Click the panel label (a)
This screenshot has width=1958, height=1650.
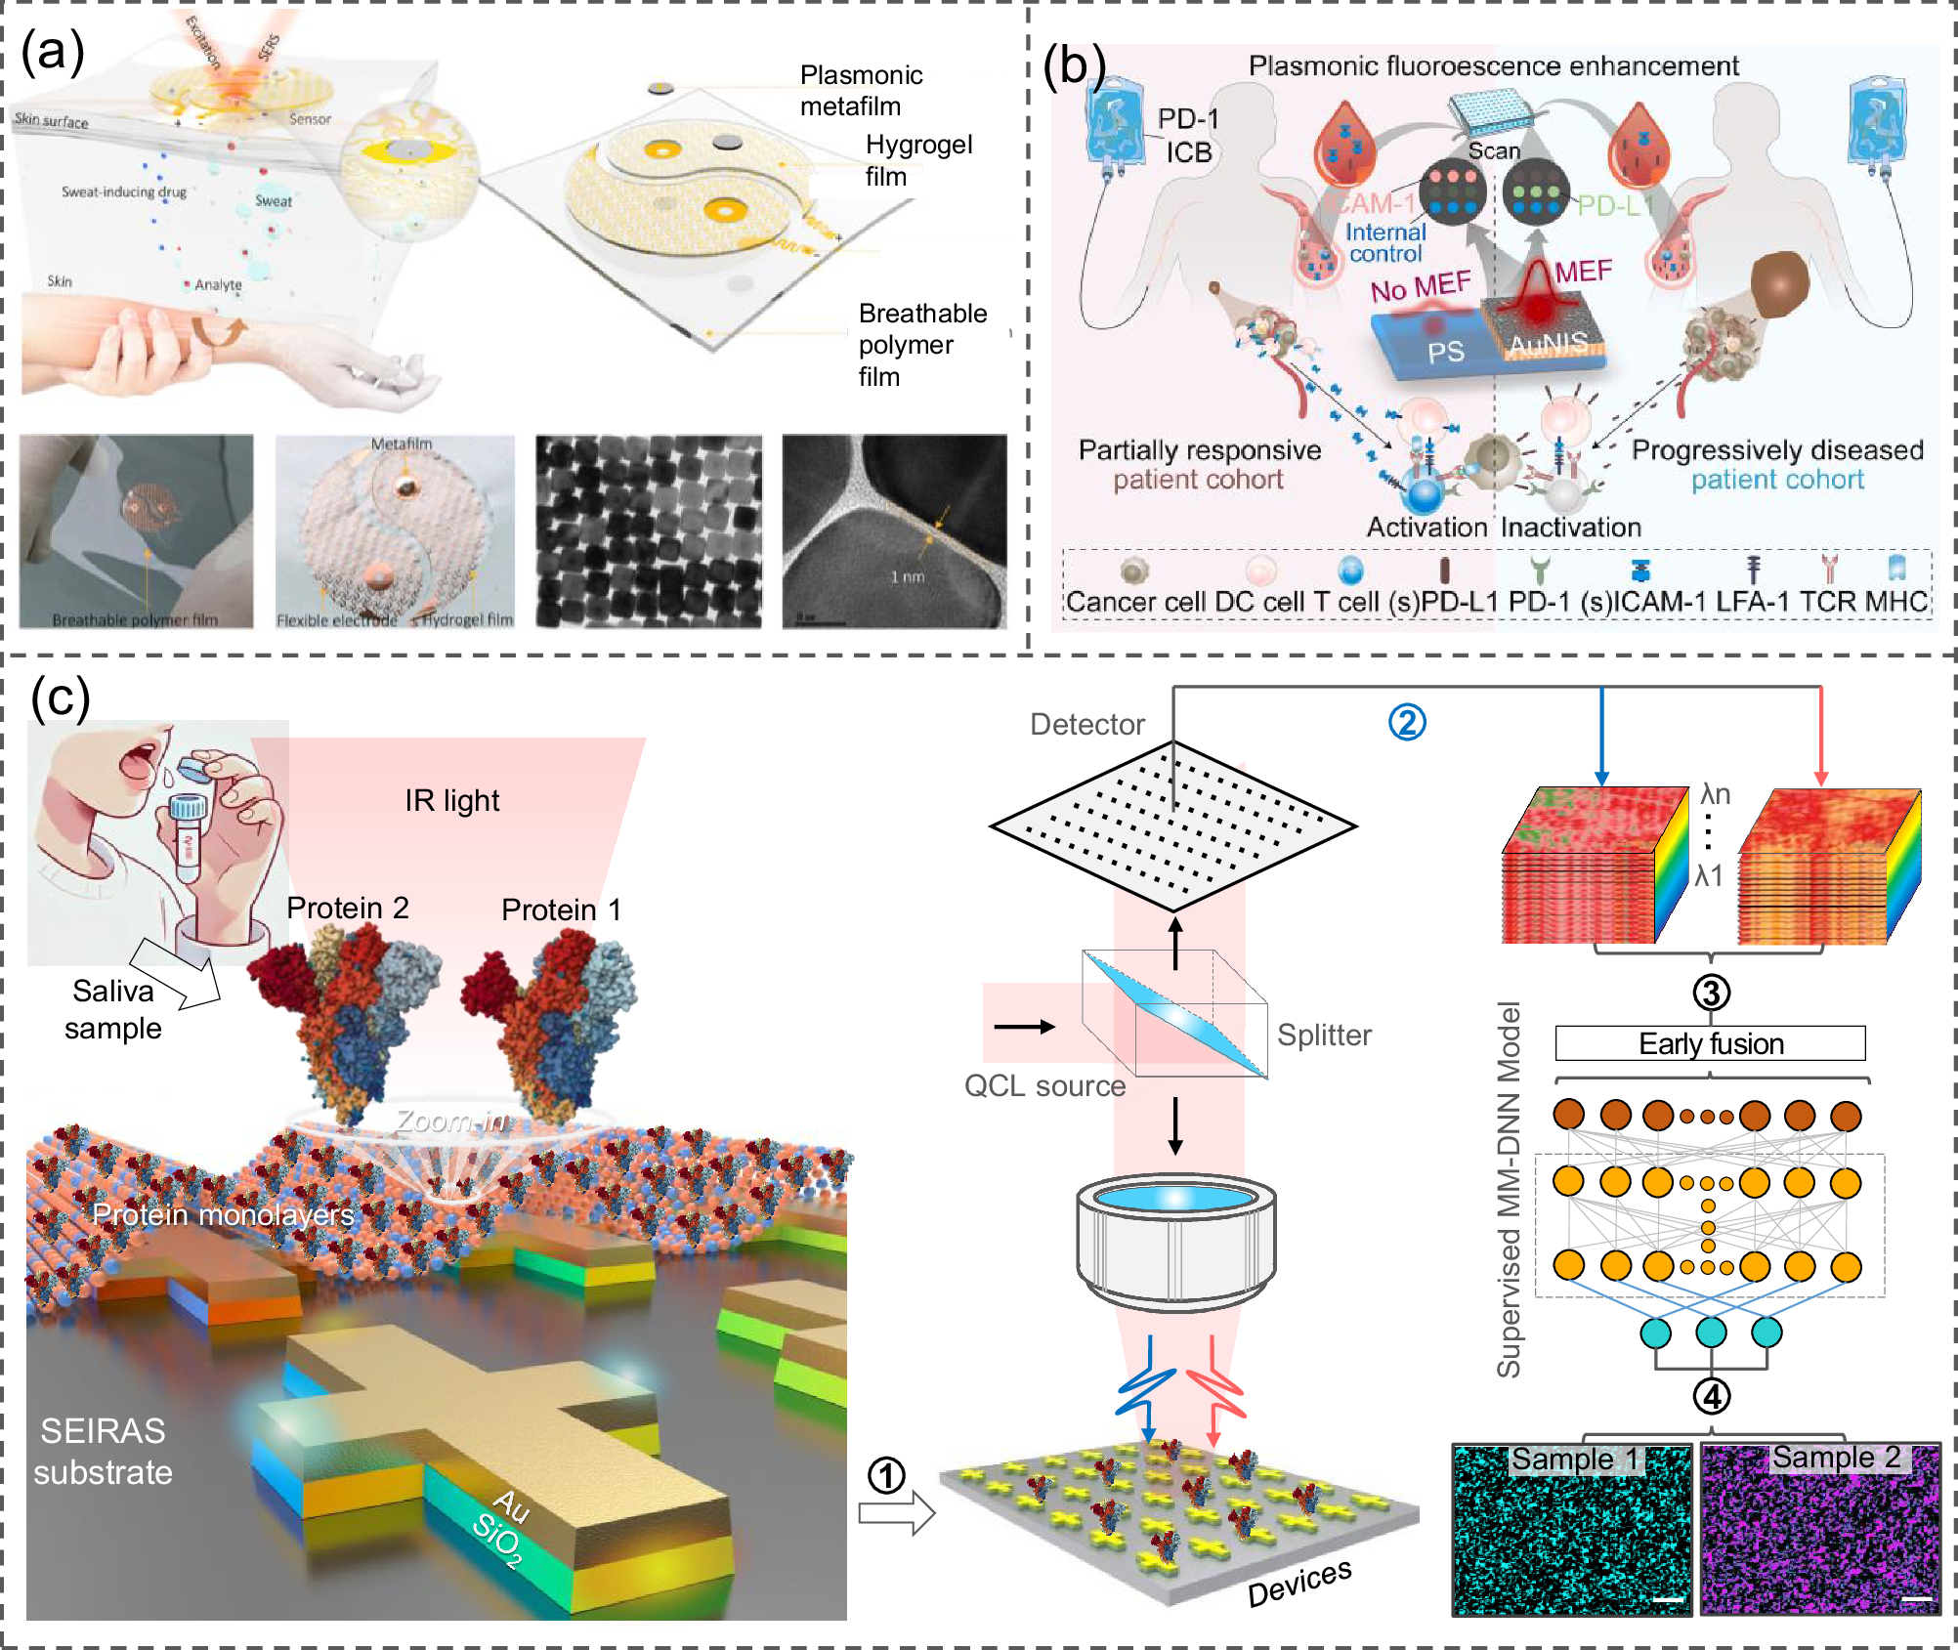52,52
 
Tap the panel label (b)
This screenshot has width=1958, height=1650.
1074,66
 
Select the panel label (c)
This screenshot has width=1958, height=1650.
60,698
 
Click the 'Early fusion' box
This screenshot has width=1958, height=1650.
1710,1043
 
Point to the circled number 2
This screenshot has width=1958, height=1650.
1407,722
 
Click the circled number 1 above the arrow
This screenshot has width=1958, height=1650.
886,1475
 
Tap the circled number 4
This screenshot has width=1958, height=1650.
1711,1396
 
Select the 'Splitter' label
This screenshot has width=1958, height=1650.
1324,1035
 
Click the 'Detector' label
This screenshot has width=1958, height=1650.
1086,724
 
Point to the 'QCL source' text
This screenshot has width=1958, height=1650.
1044,1085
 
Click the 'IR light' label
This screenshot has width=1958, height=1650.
451,800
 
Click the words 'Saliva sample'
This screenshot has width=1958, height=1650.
113,1009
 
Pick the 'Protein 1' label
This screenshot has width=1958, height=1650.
561,910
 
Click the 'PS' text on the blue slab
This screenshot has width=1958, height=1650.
1445,352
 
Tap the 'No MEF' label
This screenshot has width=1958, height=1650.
1420,287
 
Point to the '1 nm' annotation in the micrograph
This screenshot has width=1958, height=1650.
907,576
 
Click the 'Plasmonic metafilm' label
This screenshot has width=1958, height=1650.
861,90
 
